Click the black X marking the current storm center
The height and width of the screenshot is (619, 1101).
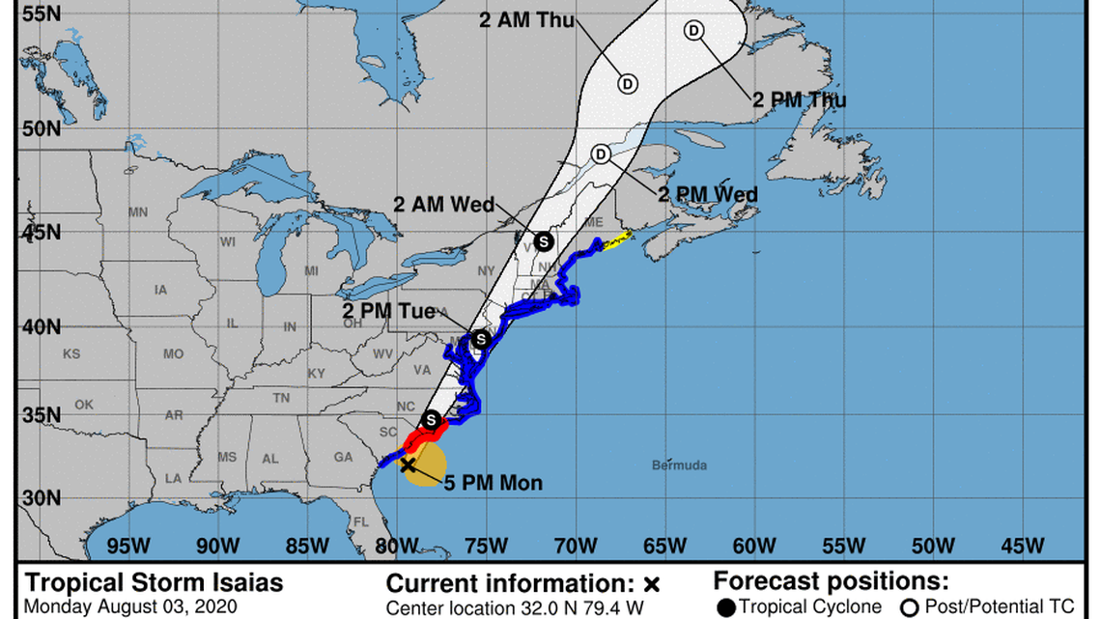tap(408, 464)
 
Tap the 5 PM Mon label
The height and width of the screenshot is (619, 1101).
tap(493, 483)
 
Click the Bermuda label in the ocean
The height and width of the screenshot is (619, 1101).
tap(679, 465)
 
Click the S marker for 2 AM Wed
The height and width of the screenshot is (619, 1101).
tap(543, 240)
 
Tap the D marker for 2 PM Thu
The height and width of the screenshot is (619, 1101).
tap(693, 31)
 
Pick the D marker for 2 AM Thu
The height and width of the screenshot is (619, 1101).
tap(628, 84)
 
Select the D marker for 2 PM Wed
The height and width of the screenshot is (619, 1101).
tap(601, 155)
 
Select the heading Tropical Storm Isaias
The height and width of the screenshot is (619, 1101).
tap(154, 582)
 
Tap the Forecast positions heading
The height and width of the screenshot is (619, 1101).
tap(831, 581)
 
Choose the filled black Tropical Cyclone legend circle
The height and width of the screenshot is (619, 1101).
tap(726, 607)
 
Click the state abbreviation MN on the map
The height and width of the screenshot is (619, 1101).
tap(138, 212)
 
